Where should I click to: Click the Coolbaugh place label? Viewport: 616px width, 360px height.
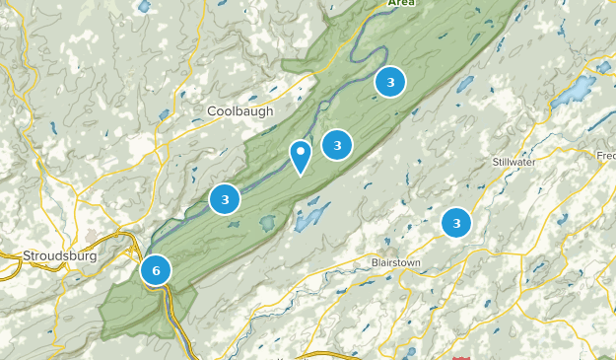pyautogui.click(x=240, y=111)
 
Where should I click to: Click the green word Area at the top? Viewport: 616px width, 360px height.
pyautogui.click(x=400, y=3)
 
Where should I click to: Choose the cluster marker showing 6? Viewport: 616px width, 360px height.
pyautogui.click(x=156, y=269)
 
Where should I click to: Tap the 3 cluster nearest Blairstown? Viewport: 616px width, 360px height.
pyautogui.click(x=456, y=223)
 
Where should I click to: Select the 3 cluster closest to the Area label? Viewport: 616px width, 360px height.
pyautogui.click(x=390, y=82)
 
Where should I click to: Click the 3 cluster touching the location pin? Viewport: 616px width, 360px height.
pyautogui.click(x=337, y=145)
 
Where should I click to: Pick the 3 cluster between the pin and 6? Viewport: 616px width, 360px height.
pyautogui.click(x=225, y=199)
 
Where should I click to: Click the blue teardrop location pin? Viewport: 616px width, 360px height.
pyautogui.click(x=301, y=156)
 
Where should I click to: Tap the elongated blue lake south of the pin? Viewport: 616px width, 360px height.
pyautogui.click(x=309, y=217)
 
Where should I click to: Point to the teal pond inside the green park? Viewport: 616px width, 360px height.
pyautogui.click(x=266, y=224)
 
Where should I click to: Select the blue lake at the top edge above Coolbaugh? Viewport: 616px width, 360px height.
pyautogui.click(x=145, y=6)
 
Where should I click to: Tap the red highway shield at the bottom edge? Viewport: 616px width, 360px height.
pyautogui.click(x=463, y=357)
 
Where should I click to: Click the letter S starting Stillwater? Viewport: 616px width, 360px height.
pyautogui.click(x=495, y=161)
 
